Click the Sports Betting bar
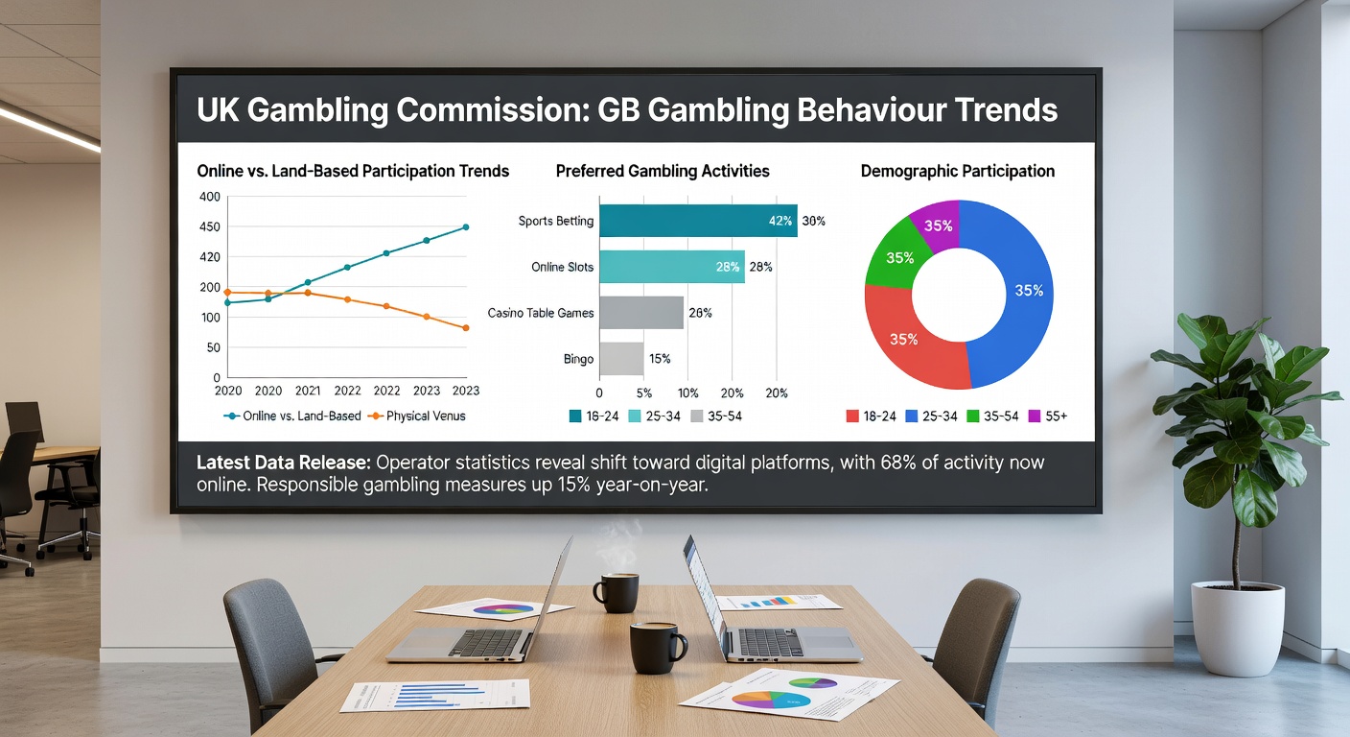click(x=698, y=221)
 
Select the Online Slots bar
click(x=672, y=267)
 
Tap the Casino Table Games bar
click(x=641, y=313)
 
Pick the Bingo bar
click(x=621, y=359)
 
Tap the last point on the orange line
click(x=466, y=328)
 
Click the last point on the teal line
click(x=466, y=227)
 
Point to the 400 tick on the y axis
click(x=210, y=197)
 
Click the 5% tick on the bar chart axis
click(x=643, y=393)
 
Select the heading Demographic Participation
click(x=958, y=171)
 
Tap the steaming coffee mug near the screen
click(x=617, y=593)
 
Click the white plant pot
click(x=1237, y=628)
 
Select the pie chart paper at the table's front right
click(x=789, y=694)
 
